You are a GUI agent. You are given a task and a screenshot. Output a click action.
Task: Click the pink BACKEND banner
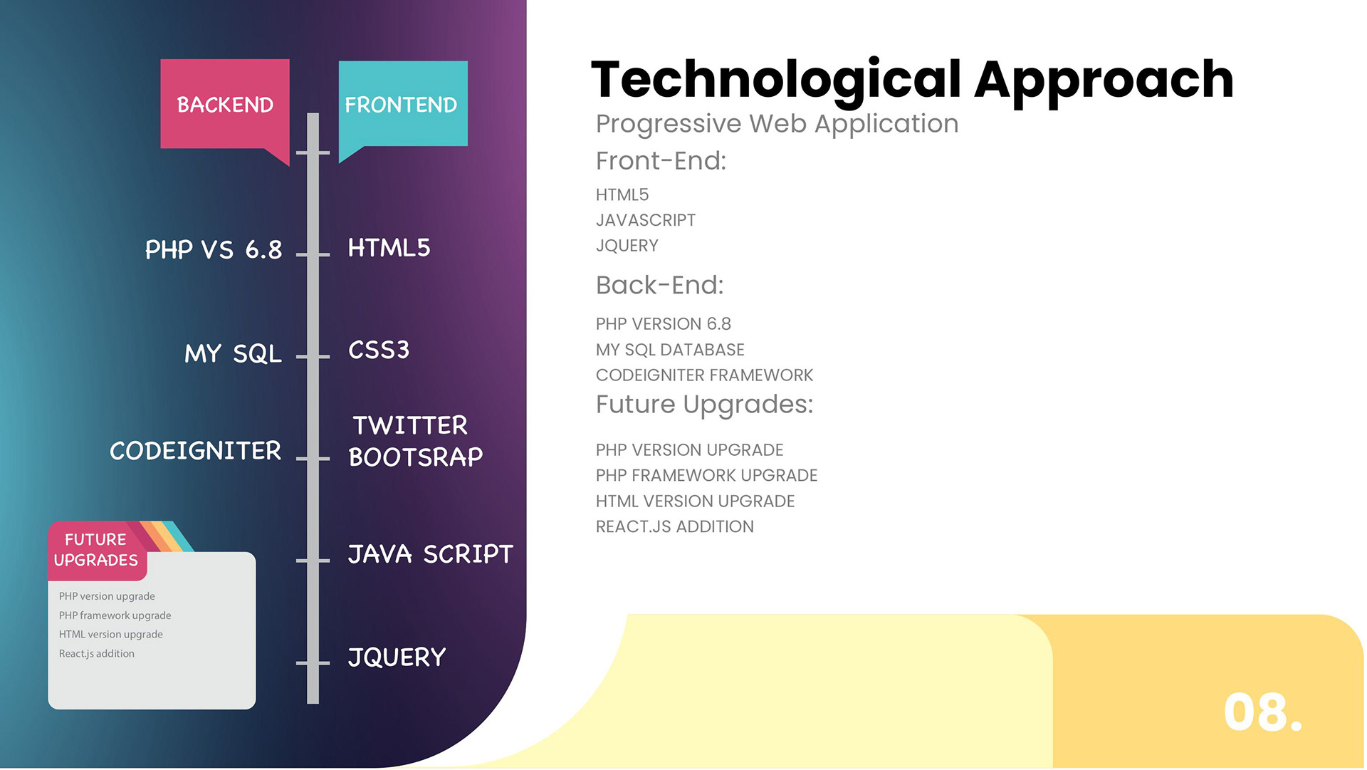(225, 104)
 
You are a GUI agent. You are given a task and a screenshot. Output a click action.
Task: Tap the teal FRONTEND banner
(402, 104)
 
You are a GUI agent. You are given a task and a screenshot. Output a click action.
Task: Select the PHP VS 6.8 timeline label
(214, 250)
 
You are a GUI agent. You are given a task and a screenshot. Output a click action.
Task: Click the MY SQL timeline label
(233, 353)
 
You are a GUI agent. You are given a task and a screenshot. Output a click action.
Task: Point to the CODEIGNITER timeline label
(196, 451)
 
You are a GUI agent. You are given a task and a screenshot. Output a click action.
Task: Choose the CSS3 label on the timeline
(379, 350)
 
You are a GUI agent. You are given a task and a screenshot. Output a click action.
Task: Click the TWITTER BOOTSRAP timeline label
(415, 441)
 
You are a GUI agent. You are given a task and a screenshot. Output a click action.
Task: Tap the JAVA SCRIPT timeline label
(430, 554)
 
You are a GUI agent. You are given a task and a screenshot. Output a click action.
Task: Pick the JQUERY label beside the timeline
(397, 657)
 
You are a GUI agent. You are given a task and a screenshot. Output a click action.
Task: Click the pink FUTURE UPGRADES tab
(96, 550)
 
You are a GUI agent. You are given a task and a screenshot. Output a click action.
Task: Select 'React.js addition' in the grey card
(97, 653)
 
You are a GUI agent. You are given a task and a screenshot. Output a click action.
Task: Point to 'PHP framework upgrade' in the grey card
(115, 615)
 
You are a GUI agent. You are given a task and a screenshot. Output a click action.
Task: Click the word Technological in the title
(777, 80)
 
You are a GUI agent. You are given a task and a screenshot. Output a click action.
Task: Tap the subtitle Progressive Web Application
(777, 124)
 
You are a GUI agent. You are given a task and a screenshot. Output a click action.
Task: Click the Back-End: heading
(659, 286)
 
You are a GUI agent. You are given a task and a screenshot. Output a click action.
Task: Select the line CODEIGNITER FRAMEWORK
(704, 375)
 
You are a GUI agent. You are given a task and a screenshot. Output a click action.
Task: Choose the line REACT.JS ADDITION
(674, 527)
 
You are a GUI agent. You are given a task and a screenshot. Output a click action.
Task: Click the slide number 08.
(1262, 712)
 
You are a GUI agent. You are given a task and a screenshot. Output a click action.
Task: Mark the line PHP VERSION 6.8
(663, 324)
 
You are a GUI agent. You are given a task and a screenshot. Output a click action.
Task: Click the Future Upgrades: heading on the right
(704, 405)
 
